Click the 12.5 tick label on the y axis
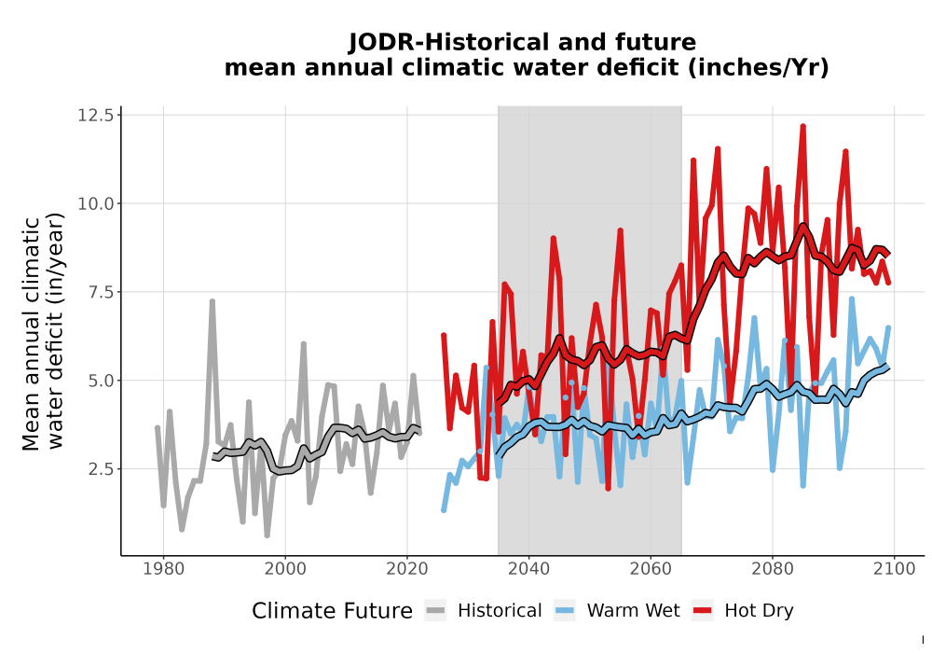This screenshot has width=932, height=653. point(95,115)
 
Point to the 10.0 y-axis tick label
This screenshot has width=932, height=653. point(95,203)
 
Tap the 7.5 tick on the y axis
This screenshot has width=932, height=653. point(101,292)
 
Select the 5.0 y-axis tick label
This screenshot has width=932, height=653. point(101,381)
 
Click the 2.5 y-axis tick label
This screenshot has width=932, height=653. point(101,469)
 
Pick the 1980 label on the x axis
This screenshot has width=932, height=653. point(163,569)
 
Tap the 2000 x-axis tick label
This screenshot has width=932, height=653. point(285,569)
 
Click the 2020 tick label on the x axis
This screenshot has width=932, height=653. point(407,569)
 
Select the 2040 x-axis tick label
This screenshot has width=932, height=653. point(529,569)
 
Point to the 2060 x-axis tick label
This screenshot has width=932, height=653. point(651,569)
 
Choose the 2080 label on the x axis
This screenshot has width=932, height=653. point(772,569)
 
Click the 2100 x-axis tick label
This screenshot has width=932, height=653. point(894,569)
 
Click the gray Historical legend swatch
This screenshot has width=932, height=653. point(435,611)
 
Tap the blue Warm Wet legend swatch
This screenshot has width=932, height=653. point(565,611)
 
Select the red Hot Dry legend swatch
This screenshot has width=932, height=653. point(703,611)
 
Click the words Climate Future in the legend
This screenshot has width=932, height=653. point(332,611)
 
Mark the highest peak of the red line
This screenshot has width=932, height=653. point(802,126)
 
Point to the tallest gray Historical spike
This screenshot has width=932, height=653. point(212,301)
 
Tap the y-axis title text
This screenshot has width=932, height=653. point(43,333)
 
